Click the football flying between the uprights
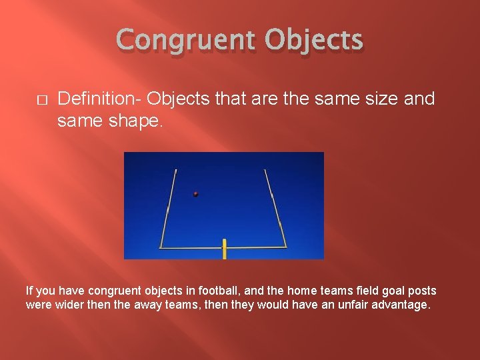point(195,194)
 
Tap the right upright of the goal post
point(275,207)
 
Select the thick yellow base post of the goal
point(225,250)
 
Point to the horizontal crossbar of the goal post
point(200,247)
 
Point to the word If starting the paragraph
point(29,291)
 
